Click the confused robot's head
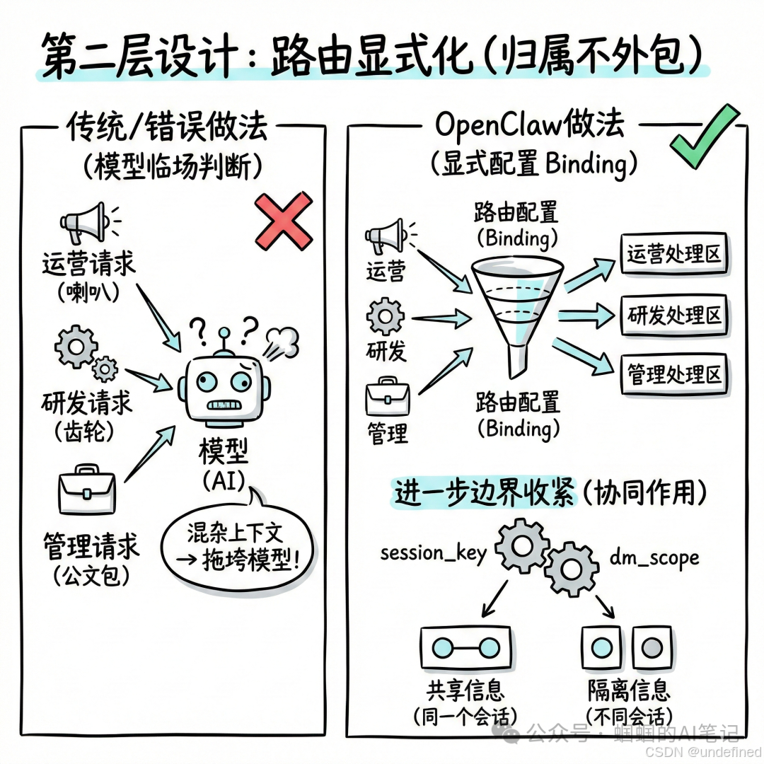pyautogui.click(x=225, y=388)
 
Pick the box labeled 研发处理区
pyautogui.click(x=674, y=314)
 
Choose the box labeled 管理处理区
pyautogui.click(x=674, y=374)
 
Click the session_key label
pyautogui.click(x=434, y=552)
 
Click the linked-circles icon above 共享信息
pyautogui.click(x=465, y=647)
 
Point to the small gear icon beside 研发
pyautogui.click(x=386, y=316)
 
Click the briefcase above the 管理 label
pyautogui.click(x=387, y=398)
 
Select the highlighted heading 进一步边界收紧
pyautogui.click(x=485, y=492)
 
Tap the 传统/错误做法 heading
pyautogui.click(x=167, y=127)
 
